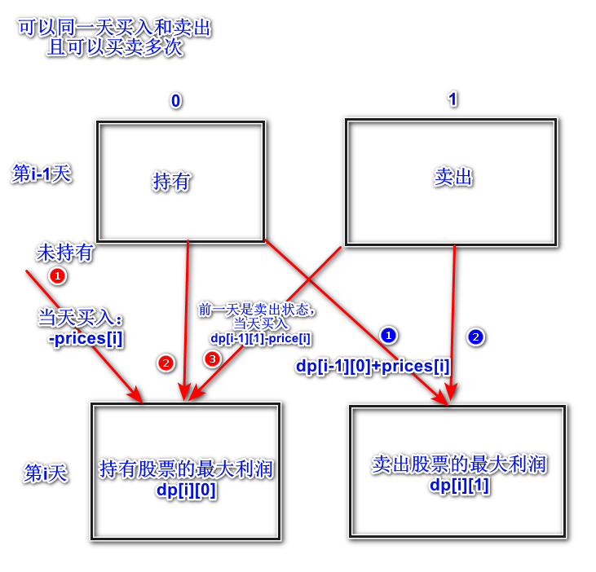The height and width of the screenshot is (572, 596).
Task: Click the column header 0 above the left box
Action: tap(175, 101)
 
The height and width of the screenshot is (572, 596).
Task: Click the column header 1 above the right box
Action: tap(453, 99)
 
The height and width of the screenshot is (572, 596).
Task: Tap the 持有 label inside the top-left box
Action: tap(171, 181)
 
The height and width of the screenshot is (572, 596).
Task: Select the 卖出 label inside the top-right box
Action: tap(453, 177)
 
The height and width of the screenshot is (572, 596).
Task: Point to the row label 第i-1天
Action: tap(42, 174)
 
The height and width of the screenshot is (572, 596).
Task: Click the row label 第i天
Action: tap(46, 473)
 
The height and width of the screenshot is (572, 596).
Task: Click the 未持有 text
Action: tap(64, 253)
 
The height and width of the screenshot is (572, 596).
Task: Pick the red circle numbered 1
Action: tap(57, 276)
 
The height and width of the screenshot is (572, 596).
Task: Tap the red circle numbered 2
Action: tap(166, 363)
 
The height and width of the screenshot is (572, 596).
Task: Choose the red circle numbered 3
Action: tap(212, 359)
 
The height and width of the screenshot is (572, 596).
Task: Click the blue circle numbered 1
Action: tap(388, 335)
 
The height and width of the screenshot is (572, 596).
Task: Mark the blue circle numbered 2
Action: tap(476, 336)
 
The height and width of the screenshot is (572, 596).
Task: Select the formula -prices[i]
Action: tap(86, 338)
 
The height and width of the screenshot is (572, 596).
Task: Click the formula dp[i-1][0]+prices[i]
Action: tap(373, 366)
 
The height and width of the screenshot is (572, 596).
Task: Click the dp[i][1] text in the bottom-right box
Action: tap(459, 486)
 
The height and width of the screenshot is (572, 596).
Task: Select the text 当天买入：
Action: tap(80, 317)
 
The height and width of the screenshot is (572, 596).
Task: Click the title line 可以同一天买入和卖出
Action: tap(116, 29)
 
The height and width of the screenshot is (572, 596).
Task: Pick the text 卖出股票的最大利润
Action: tap(459, 464)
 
